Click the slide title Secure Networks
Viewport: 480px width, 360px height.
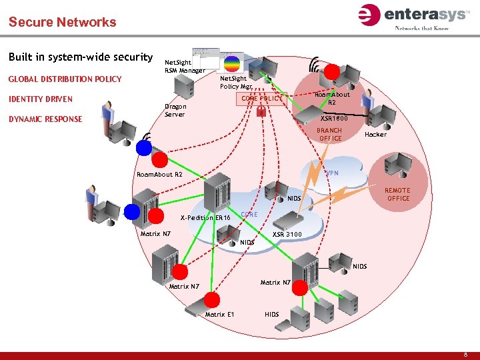[62, 22]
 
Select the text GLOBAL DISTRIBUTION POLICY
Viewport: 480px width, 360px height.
[65, 79]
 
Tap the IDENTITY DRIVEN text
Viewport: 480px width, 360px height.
[40, 99]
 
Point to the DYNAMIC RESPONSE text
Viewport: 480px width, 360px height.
[45, 119]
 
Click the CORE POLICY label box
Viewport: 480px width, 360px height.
[261, 99]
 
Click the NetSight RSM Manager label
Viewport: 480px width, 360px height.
[185, 66]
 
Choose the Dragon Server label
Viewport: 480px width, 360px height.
[175, 110]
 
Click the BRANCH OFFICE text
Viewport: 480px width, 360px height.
[329, 135]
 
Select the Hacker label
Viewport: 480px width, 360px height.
[375, 135]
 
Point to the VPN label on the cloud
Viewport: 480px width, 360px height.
[331, 173]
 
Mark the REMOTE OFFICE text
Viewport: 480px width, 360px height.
[398, 194]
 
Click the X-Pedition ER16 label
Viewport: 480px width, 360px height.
[205, 218]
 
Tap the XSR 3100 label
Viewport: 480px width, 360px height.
[287, 234]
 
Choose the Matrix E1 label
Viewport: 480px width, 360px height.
[219, 314]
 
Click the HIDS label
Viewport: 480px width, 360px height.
[272, 314]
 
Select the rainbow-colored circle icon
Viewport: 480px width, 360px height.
[231, 63]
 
